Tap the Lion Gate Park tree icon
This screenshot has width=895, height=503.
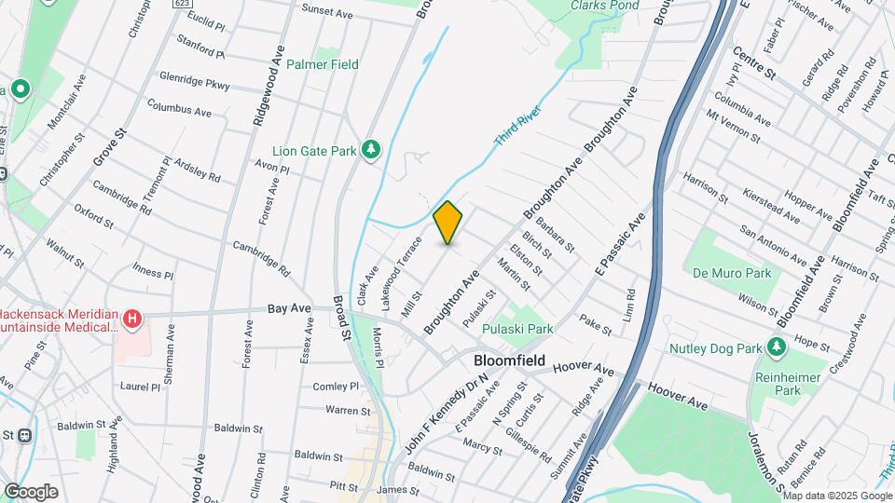(x=371, y=150)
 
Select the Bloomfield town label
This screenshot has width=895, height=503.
(x=509, y=359)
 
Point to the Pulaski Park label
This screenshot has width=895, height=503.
(x=517, y=329)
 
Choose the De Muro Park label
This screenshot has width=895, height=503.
(x=732, y=273)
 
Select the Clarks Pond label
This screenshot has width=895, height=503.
(x=606, y=5)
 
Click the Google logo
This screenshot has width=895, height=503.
(x=30, y=491)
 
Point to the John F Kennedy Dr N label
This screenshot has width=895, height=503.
(x=447, y=409)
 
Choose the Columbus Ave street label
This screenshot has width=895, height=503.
(x=179, y=109)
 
